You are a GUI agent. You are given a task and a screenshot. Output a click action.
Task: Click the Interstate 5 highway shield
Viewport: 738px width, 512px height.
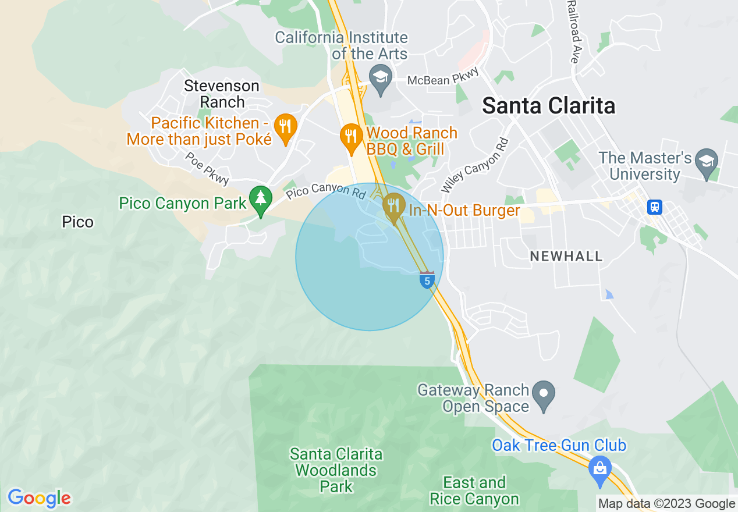427,280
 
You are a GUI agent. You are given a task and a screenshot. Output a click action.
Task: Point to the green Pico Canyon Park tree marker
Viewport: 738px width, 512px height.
260,200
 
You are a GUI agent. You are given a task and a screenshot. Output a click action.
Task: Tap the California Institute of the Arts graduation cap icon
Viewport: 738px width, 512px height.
381,79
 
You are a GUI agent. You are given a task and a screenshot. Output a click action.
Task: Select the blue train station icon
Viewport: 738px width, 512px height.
655,207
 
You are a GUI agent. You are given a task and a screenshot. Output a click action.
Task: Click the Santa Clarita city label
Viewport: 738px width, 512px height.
548,106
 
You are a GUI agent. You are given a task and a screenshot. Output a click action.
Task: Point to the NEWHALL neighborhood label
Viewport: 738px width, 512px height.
566,257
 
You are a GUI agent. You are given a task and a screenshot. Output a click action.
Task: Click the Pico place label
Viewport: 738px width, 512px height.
77,222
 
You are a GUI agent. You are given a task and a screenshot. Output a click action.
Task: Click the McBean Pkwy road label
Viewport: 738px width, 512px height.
443,77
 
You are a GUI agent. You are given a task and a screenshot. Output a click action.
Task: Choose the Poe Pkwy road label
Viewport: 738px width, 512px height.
207,169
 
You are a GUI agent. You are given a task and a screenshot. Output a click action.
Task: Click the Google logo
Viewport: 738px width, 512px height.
39,498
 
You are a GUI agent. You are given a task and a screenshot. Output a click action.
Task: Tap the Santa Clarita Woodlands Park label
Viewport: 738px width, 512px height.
336,470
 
